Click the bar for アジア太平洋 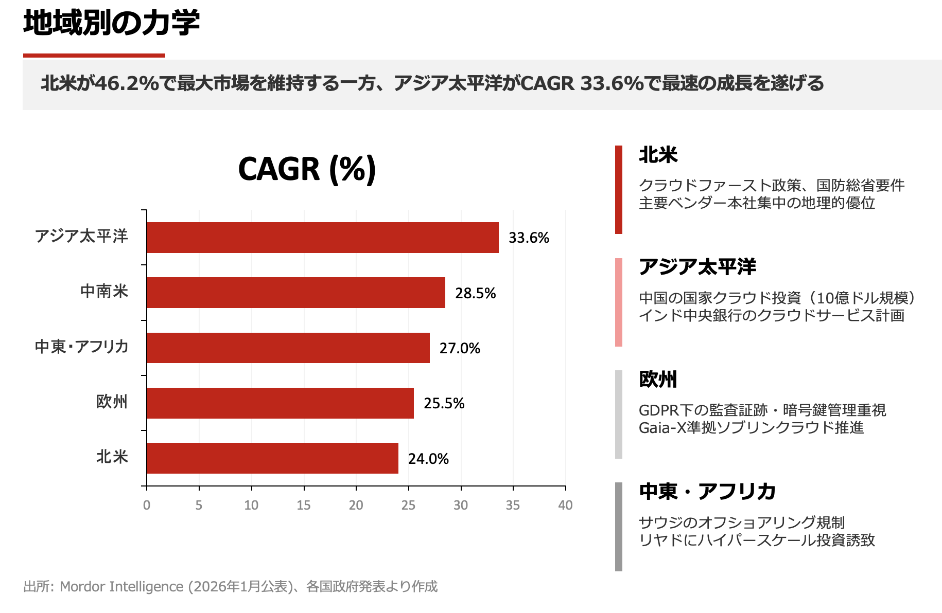click(x=322, y=238)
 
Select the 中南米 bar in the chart click(x=295, y=293)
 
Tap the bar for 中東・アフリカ click(x=288, y=348)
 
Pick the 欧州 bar click(x=280, y=403)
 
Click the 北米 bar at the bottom click(x=272, y=458)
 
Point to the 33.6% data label click(x=529, y=238)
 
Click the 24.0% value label click(x=428, y=459)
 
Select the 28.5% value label click(x=475, y=293)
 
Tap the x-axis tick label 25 click(x=408, y=505)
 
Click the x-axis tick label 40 click(x=565, y=505)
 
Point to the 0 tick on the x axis click(x=147, y=505)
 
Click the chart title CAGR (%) click(x=307, y=169)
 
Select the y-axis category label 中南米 click(x=104, y=292)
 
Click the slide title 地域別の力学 click(x=111, y=23)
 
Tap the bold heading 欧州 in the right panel click(x=658, y=379)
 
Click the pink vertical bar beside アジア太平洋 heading click(x=618, y=302)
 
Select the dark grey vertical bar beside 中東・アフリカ click(x=618, y=527)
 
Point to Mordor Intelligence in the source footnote click(x=121, y=586)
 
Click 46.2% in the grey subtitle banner click(x=127, y=83)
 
